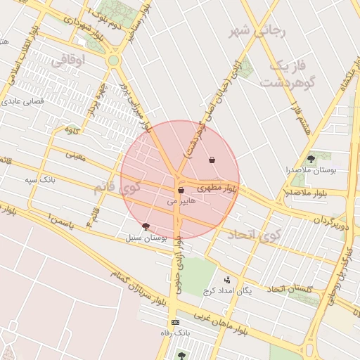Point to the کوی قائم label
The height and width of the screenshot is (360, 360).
click(117, 188)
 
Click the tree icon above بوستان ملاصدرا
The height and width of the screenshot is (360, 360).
click(311, 160)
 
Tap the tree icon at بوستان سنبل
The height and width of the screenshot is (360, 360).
click(146, 226)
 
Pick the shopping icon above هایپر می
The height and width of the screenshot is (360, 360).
click(181, 190)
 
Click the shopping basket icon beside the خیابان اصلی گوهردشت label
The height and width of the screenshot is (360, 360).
click(212, 160)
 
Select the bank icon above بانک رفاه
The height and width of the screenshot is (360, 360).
click(175, 321)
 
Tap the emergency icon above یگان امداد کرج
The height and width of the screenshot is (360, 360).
click(226, 280)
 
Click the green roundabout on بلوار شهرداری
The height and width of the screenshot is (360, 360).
click(113, 61)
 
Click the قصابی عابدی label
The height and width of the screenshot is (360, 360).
click(25, 101)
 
